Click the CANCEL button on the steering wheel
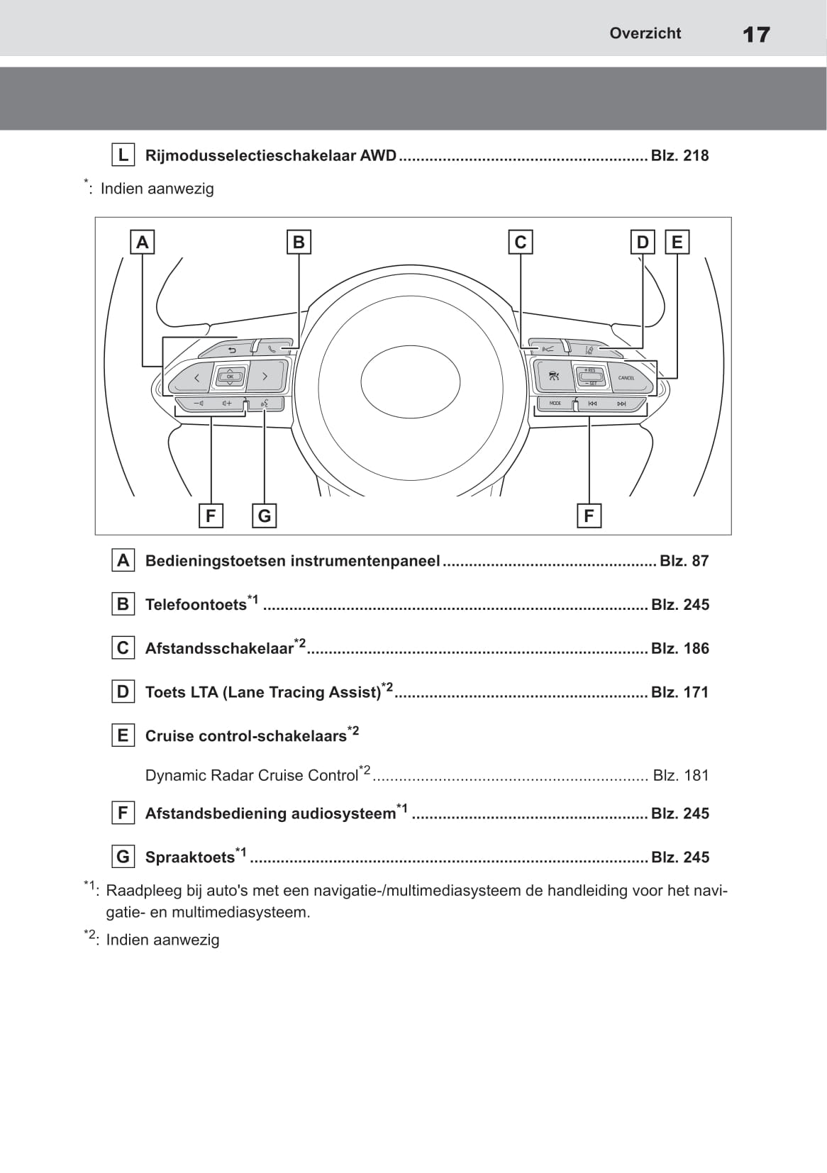point(628,378)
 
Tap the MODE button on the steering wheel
point(555,404)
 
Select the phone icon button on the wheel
point(274,349)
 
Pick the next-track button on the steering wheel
point(622,404)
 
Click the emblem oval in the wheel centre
point(410,382)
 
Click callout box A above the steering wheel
point(143,243)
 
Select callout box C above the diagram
point(521,243)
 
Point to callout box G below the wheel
point(265,516)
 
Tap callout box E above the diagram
point(677,243)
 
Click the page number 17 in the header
point(756,34)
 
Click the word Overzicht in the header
point(645,33)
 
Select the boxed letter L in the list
point(123,155)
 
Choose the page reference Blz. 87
point(684,561)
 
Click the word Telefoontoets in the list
point(196,605)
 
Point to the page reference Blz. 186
point(679,648)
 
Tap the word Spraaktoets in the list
point(189,857)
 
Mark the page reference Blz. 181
point(680,775)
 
